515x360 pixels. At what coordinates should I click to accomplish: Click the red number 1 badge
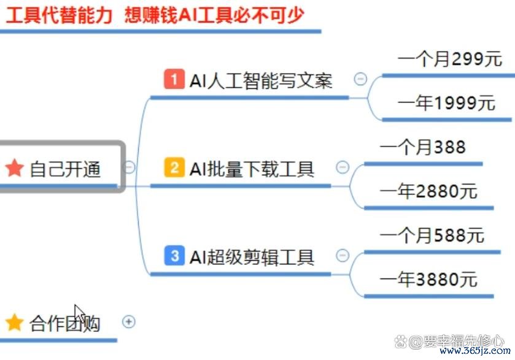[174, 79]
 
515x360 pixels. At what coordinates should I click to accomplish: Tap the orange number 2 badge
[174, 167]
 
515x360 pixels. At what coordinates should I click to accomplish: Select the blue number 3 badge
[174, 255]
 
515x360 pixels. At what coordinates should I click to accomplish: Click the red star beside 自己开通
[15, 167]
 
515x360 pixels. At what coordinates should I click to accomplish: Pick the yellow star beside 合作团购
[15, 322]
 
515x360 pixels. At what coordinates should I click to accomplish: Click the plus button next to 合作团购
[129, 321]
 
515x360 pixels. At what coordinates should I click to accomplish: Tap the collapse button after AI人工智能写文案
[360, 79]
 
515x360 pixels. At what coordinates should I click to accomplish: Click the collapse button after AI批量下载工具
[343, 167]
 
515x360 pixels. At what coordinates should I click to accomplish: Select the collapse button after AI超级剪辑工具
[343, 255]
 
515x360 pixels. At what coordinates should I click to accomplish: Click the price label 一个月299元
[450, 59]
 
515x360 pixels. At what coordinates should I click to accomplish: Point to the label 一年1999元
[446, 103]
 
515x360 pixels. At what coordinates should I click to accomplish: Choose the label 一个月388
[423, 147]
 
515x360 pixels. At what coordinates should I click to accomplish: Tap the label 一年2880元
[428, 191]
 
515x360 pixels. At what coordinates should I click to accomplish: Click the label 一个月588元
[432, 236]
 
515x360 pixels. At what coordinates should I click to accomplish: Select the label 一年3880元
[428, 280]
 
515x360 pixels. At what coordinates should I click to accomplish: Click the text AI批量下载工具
[252, 169]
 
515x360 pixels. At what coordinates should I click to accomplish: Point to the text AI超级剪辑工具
[252, 258]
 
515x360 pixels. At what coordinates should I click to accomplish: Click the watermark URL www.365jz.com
[475, 350]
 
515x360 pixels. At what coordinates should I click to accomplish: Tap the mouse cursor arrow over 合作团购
[79, 313]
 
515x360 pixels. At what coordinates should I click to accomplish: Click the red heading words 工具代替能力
[60, 15]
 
